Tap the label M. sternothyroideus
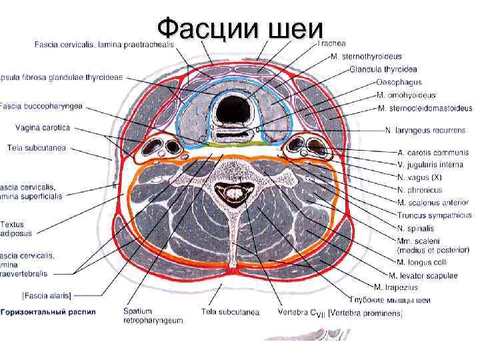[379, 56]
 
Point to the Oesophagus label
[399, 83]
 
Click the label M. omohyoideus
[407, 95]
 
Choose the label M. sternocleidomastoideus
[425, 108]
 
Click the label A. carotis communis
[433, 153]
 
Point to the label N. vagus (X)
[420, 177]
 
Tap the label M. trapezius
[396, 287]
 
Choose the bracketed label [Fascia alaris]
[46, 294]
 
